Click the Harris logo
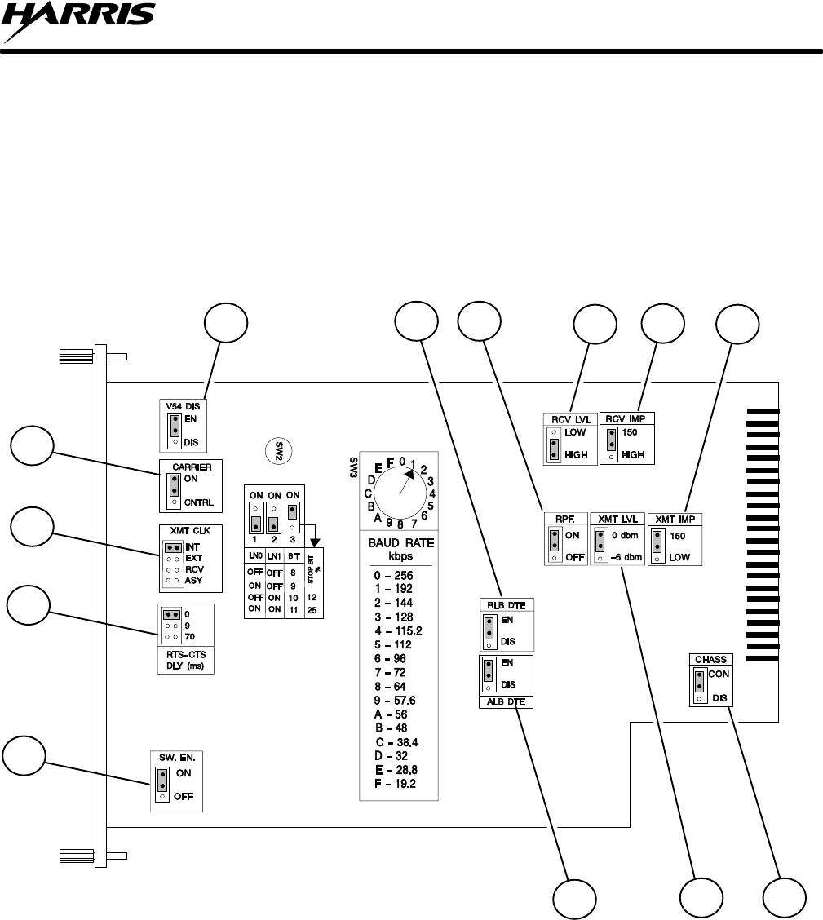click(x=77, y=22)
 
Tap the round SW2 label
click(x=280, y=449)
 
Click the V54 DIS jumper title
click(x=183, y=405)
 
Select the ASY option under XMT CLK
click(x=194, y=581)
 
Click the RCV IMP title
click(x=627, y=418)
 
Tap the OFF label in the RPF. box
click(x=575, y=558)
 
